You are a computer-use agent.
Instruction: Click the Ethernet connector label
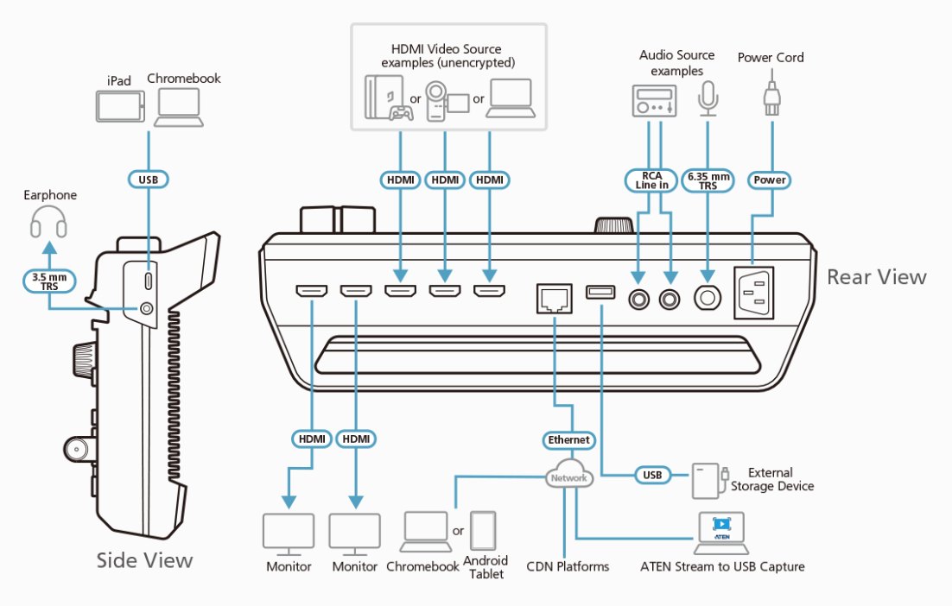tap(568, 440)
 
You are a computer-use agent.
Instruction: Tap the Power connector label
tap(769, 180)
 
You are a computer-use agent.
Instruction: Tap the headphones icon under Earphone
tap(48, 224)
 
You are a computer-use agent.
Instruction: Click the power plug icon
tap(770, 97)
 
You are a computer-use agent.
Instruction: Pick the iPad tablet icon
tap(118, 108)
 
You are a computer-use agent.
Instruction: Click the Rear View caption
tap(876, 277)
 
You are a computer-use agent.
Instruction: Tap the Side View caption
tap(144, 560)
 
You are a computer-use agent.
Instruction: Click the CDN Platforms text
tap(568, 567)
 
